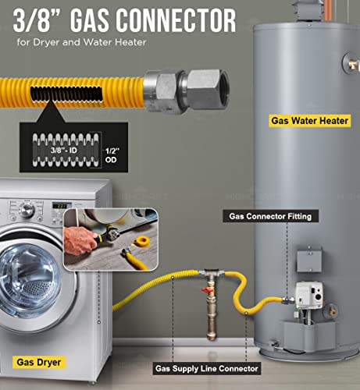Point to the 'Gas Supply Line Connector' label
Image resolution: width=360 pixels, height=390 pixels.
tap(206, 367)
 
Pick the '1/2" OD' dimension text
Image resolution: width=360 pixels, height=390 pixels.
tap(112, 155)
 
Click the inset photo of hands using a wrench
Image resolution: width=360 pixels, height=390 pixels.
tap(110, 239)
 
